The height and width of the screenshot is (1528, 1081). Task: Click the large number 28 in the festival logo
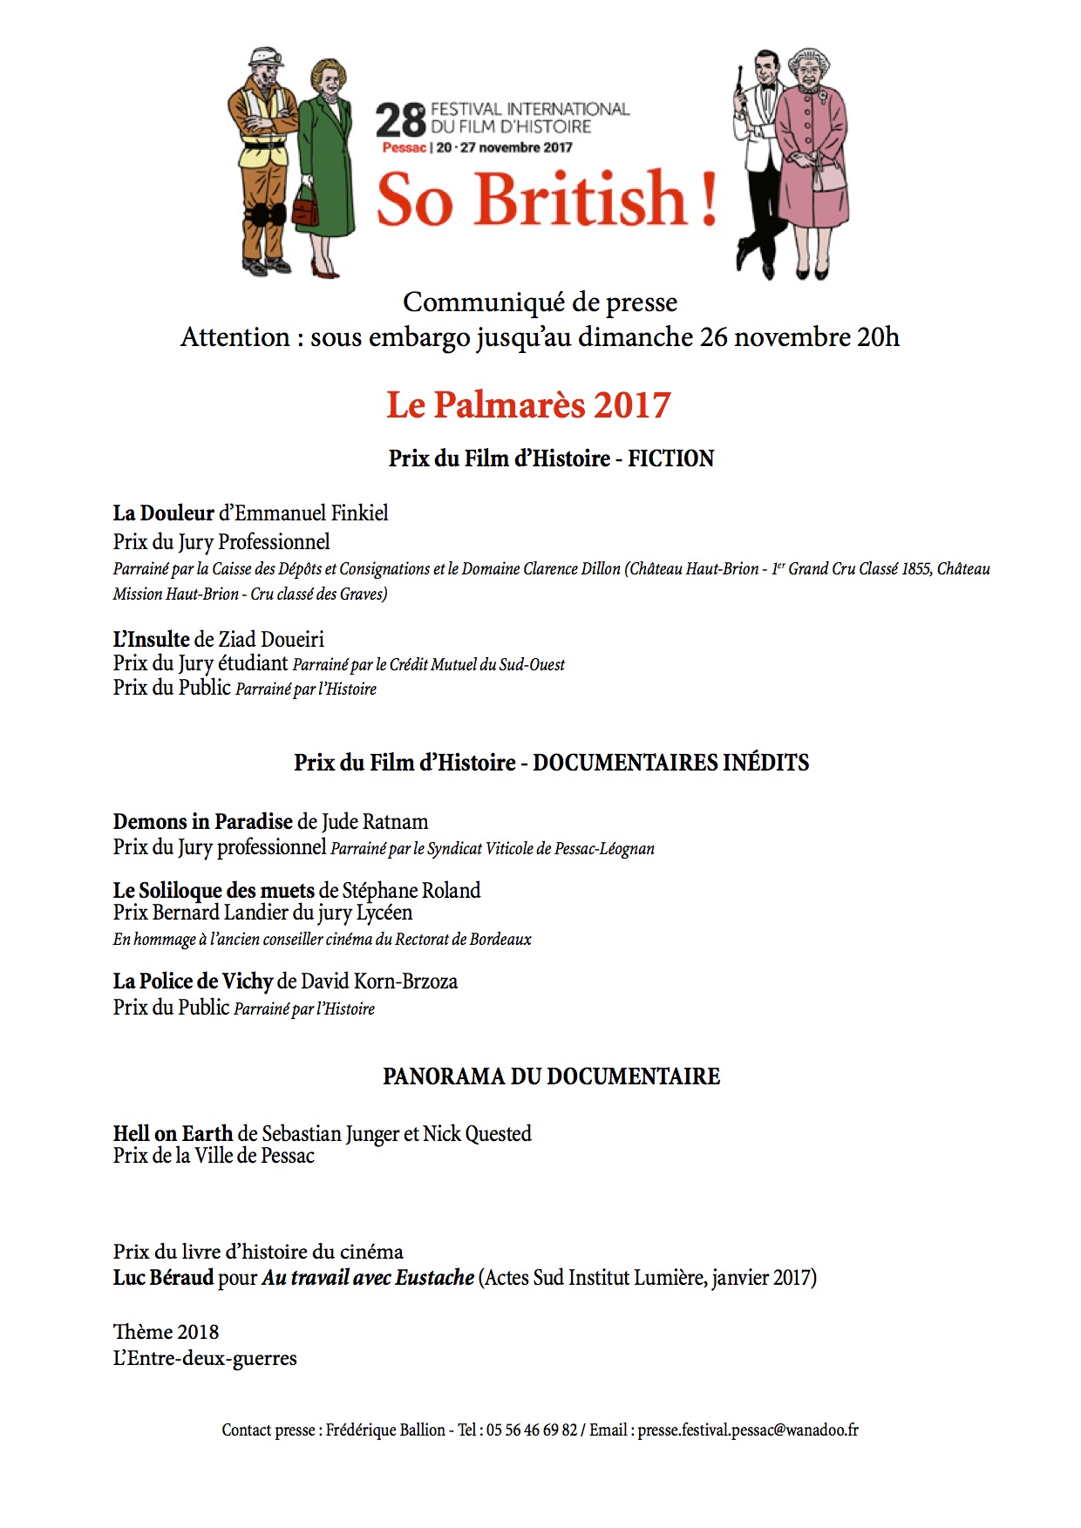click(400, 121)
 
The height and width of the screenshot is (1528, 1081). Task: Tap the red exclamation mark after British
click(708, 199)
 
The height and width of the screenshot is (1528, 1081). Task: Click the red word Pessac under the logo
click(404, 147)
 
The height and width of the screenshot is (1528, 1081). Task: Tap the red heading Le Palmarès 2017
click(528, 405)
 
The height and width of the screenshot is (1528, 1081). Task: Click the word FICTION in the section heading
click(670, 458)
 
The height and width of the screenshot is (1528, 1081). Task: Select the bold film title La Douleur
click(163, 513)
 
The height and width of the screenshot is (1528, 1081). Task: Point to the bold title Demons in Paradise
click(202, 821)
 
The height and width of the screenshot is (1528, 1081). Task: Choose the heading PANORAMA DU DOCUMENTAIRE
click(551, 1076)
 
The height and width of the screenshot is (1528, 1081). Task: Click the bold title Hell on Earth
click(173, 1133)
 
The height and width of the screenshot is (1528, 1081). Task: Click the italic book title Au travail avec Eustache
click(367, 1278)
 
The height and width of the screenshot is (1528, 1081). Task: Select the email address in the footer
click(747, 1430)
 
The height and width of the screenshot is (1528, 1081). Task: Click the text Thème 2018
click(166, 1332)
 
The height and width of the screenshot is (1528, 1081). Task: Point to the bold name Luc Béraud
click(163, 1278)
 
